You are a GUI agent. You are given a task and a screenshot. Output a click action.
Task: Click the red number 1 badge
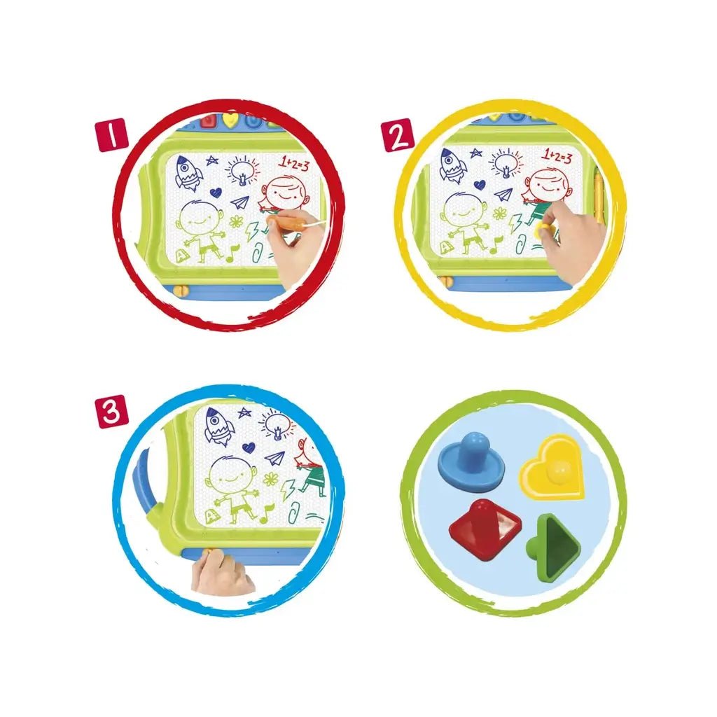pos(110,135)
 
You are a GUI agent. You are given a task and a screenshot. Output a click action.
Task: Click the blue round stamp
pos(471,462)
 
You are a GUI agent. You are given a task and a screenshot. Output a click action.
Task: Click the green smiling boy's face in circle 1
pos(200,218)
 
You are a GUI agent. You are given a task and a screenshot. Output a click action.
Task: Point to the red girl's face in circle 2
pos(548,185)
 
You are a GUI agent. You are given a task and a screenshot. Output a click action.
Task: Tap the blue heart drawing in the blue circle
pos(249,447)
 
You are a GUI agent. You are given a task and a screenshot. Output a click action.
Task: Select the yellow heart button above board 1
pos(230,120)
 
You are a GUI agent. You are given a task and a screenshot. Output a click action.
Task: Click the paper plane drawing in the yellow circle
pos(503,194)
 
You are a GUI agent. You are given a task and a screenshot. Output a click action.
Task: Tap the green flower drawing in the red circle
pos(237,222)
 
